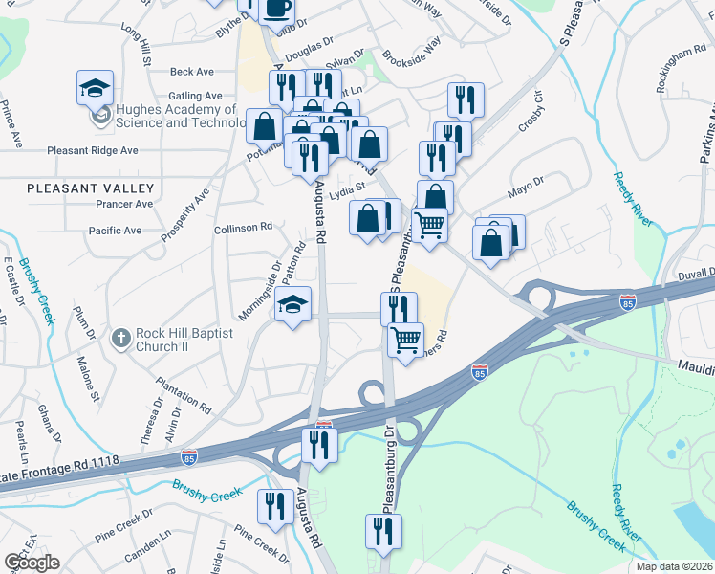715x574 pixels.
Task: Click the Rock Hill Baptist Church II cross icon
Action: pyautogui.click(x=120, y=337)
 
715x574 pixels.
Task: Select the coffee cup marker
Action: pyautogui.click(x=277, y=10)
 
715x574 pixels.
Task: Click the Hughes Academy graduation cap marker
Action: pyautogui.click(x=96, y=89)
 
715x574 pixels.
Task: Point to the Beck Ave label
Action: pyautogui.click(x=191, y=72)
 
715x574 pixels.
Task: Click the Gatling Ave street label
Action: pyautogui.click(x=195, y=96)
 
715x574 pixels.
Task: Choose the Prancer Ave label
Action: pyautogui.click(x=124, y=204)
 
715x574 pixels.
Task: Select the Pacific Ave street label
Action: pyautogui.click(x=115, y=231)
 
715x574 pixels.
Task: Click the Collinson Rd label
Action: pyautogui.click(x=244, y=228)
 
